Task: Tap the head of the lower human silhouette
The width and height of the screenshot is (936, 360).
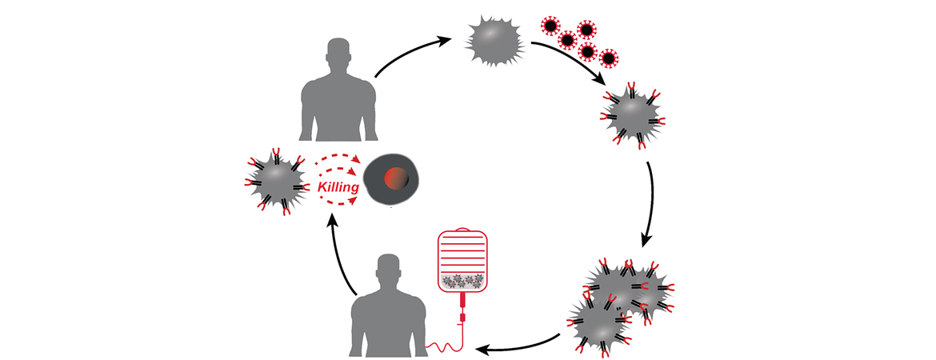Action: [388, 270]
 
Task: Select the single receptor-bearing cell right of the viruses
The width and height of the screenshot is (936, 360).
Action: [632, 118]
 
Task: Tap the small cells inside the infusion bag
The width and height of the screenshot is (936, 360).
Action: [462, 279]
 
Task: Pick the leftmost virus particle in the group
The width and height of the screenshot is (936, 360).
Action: [549, 26]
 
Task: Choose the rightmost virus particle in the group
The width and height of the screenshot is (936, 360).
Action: [610, 57]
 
